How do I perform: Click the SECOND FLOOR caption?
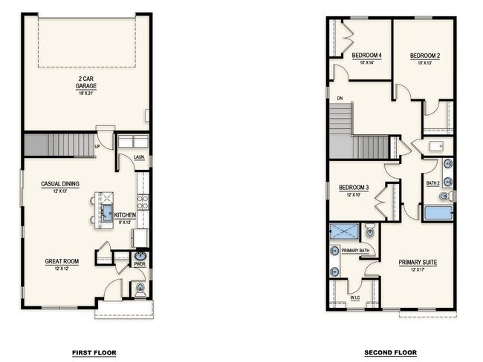tap(390, 352)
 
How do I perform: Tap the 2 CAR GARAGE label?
tap(86, 82)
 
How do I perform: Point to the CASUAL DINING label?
tap(61, 184)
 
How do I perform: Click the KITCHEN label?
tap(125, 215)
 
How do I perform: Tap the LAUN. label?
tap(139, 157)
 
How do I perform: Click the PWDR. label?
tap(139, 264)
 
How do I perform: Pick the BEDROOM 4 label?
tap(366, 56)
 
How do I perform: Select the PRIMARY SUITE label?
tap(417, 263)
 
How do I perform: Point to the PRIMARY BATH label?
tap(355, 251)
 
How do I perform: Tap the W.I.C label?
tap(356, 298)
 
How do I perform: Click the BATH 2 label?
tap(433, 182)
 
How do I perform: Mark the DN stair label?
tap(339, 97)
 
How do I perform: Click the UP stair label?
tap(97, 146)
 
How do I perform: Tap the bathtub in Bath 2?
tap(438, 214)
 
